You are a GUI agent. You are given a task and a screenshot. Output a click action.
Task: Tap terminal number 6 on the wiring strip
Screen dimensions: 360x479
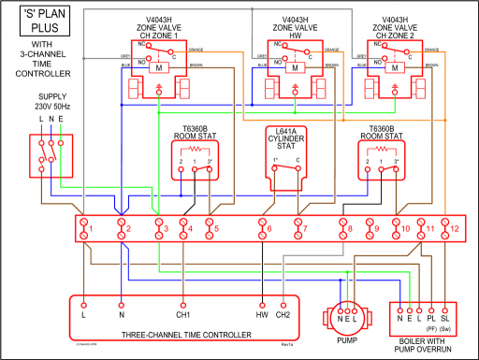[269, 227]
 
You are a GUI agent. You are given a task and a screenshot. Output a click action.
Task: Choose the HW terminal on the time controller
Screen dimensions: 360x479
[263, 314]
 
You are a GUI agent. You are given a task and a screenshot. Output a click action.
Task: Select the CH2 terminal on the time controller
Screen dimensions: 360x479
[284, 314]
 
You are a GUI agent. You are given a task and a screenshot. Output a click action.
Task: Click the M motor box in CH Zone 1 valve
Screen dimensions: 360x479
[156, 68]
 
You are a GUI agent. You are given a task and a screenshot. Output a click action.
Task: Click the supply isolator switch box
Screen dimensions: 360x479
[51, 156]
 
